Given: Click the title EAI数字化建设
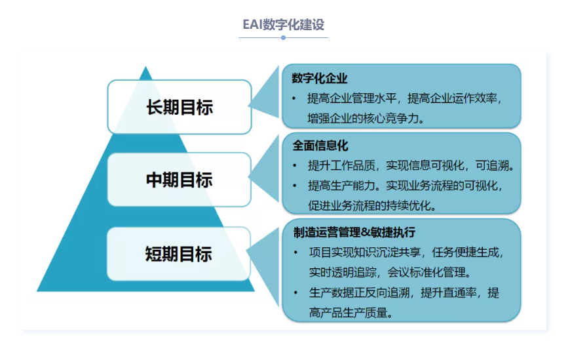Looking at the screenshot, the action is coord(283,25).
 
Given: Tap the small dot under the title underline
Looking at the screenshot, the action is coord(283,37).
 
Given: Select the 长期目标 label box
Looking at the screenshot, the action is coord(180,107).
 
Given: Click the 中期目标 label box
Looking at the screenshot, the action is coord(180,180).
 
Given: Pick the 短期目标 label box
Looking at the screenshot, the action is coord(179,254).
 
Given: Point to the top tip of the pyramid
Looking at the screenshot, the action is coord(145,67).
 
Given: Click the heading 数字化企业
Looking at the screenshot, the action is coord(320,78).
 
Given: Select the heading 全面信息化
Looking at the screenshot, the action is coord(320,146).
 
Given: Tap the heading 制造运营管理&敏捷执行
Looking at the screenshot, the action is coord(354,232).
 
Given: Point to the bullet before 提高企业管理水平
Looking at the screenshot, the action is coord(294,98).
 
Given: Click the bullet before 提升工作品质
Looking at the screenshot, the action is coord(295,166).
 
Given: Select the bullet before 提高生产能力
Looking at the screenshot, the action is coord(295,186).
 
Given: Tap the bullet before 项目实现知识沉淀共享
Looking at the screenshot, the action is coord(296,252).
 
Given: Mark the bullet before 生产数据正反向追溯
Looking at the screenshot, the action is coord(296,292).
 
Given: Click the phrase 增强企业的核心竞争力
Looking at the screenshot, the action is coord(366,118).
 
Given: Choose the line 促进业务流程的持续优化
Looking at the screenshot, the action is coord(372,206).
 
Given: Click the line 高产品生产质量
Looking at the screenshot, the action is coord(351,312).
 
